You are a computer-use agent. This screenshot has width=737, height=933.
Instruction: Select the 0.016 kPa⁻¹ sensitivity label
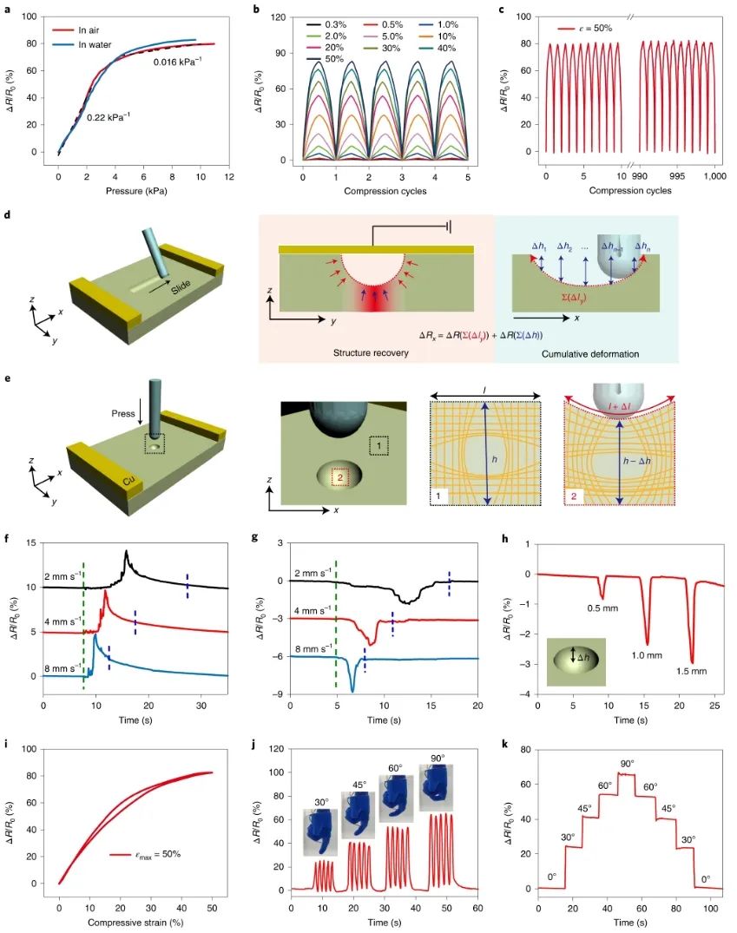tap(178, 62)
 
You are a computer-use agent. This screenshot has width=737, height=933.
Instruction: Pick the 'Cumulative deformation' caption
tap(587, 354)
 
